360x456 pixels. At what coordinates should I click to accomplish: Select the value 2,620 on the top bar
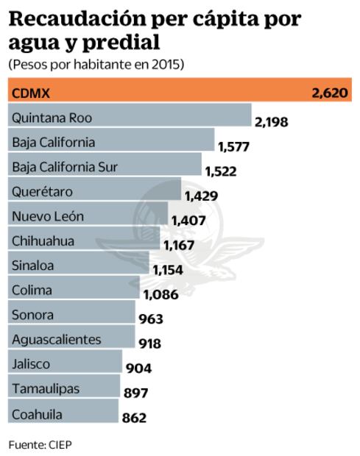click(x=331, y=93)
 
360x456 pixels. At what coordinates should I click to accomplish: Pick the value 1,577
click(x=234, y=146)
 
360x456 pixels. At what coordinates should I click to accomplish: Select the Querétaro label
click(x=41, y=191)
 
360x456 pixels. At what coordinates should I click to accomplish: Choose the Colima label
click(x=32, y=290)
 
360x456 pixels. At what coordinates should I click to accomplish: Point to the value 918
click(x=150, y=343)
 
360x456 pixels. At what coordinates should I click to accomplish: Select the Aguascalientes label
click(x=56, y=340)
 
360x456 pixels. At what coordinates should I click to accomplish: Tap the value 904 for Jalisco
click(x=139, y=368)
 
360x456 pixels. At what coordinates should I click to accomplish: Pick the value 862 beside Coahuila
click(x=133, y=418)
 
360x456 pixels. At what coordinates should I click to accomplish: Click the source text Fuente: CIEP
click(x=40, y=444)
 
